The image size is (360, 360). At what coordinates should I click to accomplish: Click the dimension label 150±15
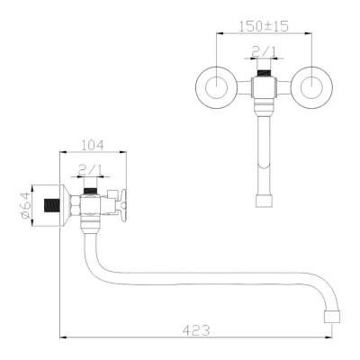click(264, 26)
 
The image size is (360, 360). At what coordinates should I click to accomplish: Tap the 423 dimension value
click(197, 330)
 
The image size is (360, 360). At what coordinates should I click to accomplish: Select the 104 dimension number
click(93, 145)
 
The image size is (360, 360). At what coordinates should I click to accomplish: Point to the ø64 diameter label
click(25, 205)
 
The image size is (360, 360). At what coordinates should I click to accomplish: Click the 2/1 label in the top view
click(264, 52)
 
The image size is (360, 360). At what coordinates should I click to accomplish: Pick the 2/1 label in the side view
click(90, 171)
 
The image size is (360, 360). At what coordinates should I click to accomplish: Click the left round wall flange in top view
click(217, 87)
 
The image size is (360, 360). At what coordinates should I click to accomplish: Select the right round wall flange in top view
click(311, 87)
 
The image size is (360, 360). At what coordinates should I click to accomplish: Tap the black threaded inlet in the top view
click(265, 73)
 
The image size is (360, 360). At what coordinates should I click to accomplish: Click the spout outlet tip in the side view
click(332, 317)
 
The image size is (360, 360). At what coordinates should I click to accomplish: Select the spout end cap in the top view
click(265, 201)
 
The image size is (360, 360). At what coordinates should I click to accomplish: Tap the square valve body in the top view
click(265, 87)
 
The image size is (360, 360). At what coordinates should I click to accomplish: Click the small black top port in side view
click(91, 191)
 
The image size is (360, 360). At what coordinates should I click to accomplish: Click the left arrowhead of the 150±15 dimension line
click(220, 33)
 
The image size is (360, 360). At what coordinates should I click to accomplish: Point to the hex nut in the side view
click(76, 205)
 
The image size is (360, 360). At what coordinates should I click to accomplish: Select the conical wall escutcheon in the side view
click(66, 205)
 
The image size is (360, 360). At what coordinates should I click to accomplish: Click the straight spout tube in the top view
click(265, 153)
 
